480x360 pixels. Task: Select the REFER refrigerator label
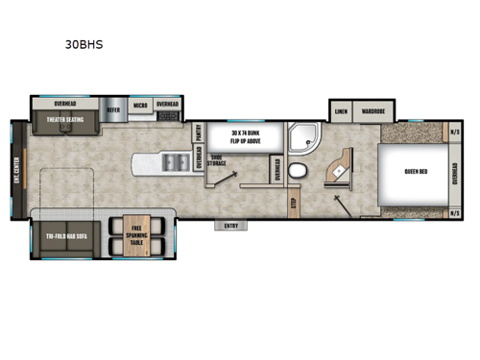click(113, 110)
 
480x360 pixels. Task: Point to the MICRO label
click(139, 104)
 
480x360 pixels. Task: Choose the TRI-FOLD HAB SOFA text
click(65, 235)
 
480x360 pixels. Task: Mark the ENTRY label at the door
click(230, 226)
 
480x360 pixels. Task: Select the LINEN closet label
click(341, 110)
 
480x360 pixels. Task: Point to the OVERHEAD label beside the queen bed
click(455, 172)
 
